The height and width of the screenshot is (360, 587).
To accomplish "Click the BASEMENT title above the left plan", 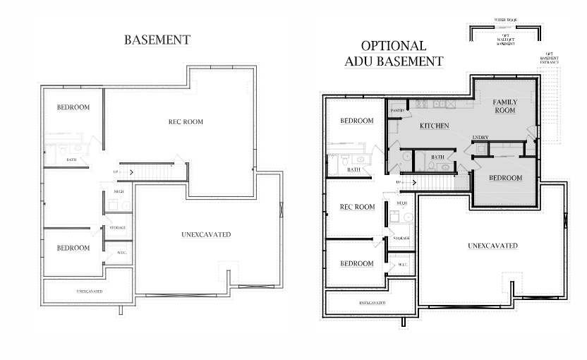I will tap(157, 40).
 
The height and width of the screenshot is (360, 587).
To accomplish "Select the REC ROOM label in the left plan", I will tap(186, 122).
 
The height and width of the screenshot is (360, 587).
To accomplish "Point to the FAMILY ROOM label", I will tap(504, 107).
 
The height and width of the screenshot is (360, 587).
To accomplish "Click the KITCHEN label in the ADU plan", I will tap(435, 126).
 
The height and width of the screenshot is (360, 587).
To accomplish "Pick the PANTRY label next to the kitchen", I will tap(397, 111).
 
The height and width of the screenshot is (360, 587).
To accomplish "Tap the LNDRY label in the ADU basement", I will tap(481, 137).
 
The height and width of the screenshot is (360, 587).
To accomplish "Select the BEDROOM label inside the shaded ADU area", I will tap(505, 178).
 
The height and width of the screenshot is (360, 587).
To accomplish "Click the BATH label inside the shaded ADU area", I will tap(437, 157).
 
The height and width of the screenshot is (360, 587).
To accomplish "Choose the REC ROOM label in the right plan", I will tap(357, 207).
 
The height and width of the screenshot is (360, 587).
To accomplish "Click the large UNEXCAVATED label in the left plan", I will tap(206, 234).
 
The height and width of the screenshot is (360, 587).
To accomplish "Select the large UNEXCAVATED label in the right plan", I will tap(493, 246).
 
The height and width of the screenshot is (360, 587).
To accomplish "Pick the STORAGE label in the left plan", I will tap(117, 228).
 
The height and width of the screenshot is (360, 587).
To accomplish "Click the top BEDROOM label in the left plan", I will tap(73, 107).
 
